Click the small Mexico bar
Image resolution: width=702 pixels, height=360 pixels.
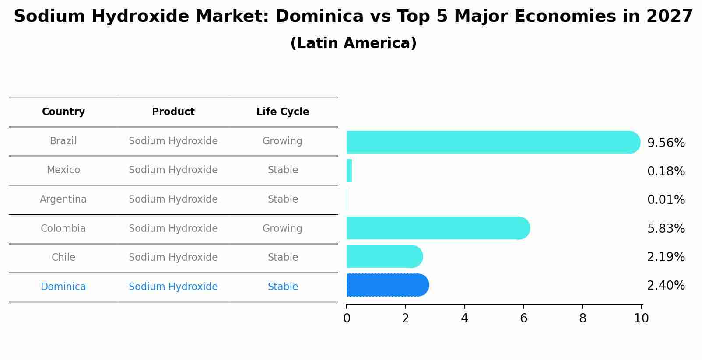[x=349, y=171]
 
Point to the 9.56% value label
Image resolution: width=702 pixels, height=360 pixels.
[x=666, y=143]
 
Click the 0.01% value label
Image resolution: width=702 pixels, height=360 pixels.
[x=666, y=200]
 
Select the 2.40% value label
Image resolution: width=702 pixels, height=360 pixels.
[x=666, y=286]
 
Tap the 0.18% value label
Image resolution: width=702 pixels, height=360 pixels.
[x=666, y=171]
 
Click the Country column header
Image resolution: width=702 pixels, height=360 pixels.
[x=63, y=112]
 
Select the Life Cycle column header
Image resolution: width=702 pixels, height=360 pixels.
[x=283, y=112]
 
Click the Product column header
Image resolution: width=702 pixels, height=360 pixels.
[x=173, y=112]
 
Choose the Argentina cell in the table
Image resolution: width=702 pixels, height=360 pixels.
[x=63, y=199]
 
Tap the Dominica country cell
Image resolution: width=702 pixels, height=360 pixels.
[x=63, y=287]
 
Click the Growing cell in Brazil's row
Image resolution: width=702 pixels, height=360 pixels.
[x=282, y=141]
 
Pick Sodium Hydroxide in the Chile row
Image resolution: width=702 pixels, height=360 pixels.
[x=173, y=258]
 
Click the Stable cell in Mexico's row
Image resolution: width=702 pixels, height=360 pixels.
[x=283, y=170]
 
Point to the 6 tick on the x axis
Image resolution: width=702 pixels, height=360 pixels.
[x=523, y=318]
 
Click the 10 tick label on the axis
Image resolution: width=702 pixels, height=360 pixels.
[x=641, y=318]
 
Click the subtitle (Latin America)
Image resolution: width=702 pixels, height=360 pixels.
[x=353, y=43]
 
